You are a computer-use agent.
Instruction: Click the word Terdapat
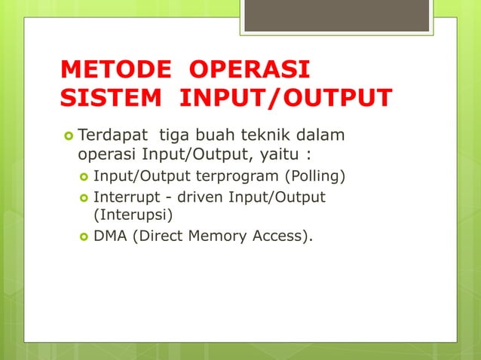(113, 136)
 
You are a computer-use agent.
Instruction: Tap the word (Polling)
(313, 178)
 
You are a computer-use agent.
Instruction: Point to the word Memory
(214, 236)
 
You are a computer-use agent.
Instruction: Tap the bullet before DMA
(84, 236)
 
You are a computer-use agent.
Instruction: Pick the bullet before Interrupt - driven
(84, 197)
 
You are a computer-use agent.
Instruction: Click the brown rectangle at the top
(337, 14)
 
